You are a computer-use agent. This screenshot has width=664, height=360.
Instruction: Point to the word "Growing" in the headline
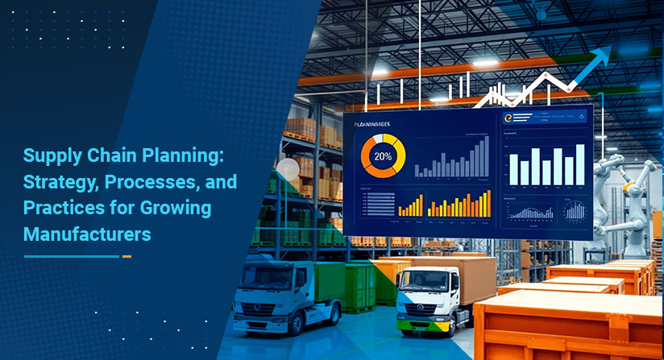tap(177, 209)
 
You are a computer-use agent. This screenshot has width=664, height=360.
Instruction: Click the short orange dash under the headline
tap(127, 256)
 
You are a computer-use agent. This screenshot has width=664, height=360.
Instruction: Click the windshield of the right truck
tap(421, 279)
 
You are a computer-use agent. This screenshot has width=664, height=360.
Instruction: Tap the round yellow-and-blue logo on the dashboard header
tap(508, 118)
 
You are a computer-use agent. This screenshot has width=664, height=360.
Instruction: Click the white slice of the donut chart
tap(376, 139)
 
